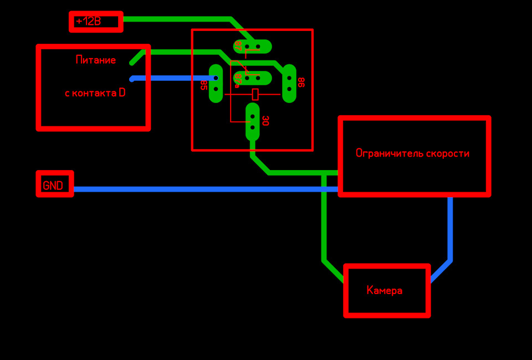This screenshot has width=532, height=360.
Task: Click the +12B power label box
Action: click(96, 22)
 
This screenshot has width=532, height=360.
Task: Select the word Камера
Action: click(384, 291)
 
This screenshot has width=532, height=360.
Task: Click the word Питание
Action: click(95, 60)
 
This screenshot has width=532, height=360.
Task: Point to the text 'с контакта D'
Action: click(95, 93)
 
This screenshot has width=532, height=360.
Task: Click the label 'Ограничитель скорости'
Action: click(412, 153)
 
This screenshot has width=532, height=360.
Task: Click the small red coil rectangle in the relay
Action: click(255, 94)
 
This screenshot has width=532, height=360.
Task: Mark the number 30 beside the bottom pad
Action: click(265, 121)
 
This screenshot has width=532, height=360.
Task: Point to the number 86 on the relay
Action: click(301, 82)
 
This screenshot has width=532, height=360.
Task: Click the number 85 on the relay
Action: click(203, 85)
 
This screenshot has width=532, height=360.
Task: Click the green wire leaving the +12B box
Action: click(177, 19)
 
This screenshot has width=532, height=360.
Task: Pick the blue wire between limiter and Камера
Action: click(450, 233)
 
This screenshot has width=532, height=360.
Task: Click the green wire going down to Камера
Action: click(324, 222)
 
